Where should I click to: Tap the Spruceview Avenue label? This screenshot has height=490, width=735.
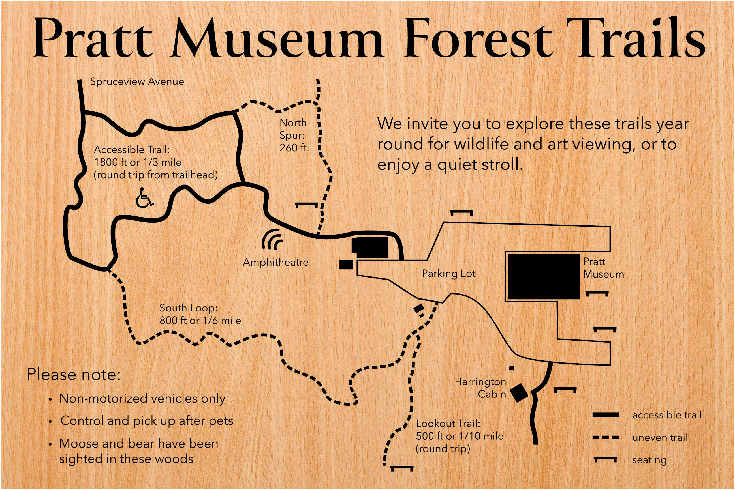[x=137, y=81]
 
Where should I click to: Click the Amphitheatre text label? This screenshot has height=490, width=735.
[x=275, y=262]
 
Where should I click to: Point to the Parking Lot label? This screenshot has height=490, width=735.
[x=448, y=274]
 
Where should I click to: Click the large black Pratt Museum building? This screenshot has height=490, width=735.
[x=544, y=277]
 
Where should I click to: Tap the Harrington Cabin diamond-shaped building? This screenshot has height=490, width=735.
[x=519, y=393]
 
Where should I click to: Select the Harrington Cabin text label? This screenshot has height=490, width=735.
[x=480, y=388]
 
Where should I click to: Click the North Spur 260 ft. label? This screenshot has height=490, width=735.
[x=294, y=135]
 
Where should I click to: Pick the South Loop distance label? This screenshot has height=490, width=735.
[x=200, y=314]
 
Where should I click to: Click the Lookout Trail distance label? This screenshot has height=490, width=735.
[x=459, y=436]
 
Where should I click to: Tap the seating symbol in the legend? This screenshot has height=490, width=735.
[x=606, y=459]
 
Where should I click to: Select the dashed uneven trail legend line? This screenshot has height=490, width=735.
[x=606, y=437]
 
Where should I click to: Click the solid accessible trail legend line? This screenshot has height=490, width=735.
[x=606, y=415]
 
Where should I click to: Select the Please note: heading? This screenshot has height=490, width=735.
[x=74, y=375]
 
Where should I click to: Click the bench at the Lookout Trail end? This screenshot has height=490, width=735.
[x=402, y=468]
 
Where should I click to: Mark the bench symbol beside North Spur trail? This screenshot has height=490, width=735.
[x=307, y=205]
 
